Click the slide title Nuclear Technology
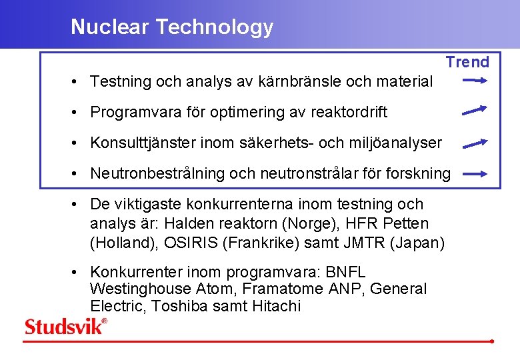pos(172,27)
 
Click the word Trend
pos(467,62)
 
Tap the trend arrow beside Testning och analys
pos(476,81)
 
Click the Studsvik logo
pos(65,326)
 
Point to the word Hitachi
pos(277,306)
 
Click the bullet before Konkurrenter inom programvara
pos(77,272)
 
